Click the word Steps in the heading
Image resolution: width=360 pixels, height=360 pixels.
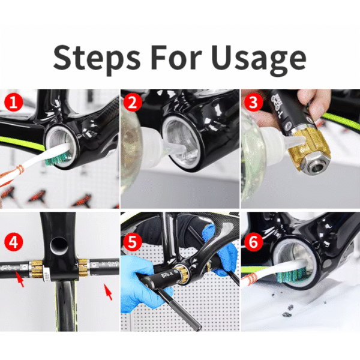point(97,58)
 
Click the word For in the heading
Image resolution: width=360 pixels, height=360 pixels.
point(176,57)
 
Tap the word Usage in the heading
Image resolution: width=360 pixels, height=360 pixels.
point(258,59)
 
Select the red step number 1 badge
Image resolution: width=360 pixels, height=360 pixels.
point(14,102)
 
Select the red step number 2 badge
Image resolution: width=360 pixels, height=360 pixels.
point(133,102)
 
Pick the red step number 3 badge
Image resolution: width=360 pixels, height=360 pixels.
point(253,102)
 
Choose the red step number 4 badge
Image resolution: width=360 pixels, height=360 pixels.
point(14,242)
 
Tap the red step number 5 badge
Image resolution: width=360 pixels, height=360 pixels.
point(133,242)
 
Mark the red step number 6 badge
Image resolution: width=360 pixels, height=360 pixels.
point(253,242)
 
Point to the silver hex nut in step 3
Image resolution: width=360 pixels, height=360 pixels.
point(315,166)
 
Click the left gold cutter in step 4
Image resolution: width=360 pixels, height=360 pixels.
point(37,269)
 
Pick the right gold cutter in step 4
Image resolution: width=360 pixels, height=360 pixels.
point(83,268)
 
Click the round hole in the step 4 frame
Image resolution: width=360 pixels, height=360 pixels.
point(59,245)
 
